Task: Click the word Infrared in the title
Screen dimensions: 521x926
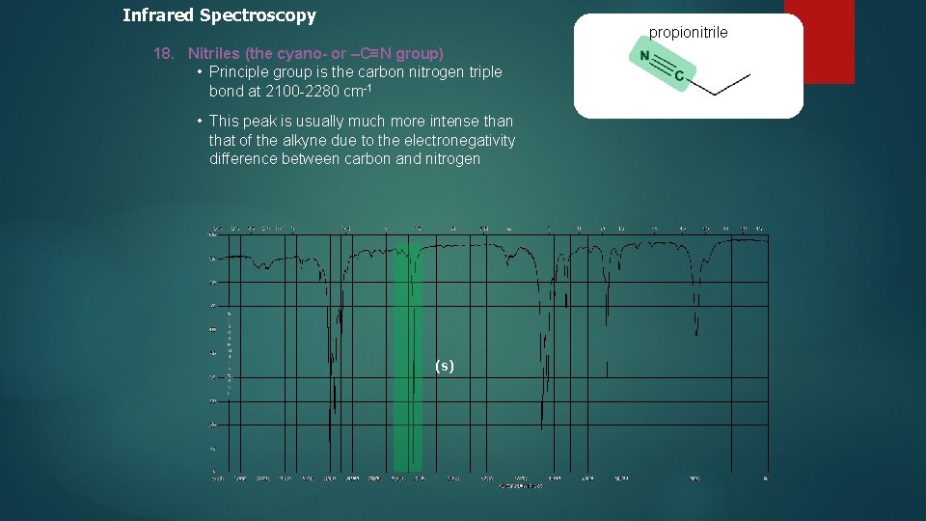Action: [158, 15]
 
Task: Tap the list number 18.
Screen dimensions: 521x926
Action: [163, 54]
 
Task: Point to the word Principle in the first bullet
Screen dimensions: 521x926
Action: [239, 72]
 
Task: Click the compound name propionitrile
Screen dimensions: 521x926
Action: [688, 33]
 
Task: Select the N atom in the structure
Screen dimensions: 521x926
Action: [644, 55]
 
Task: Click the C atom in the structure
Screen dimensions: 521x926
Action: [679, 75]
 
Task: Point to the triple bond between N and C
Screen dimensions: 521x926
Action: [662, 65]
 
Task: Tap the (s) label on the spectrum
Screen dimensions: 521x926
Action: [444, 366]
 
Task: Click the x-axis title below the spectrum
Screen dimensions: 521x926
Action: [520, 486]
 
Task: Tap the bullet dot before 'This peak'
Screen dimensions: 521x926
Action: [198, 121]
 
